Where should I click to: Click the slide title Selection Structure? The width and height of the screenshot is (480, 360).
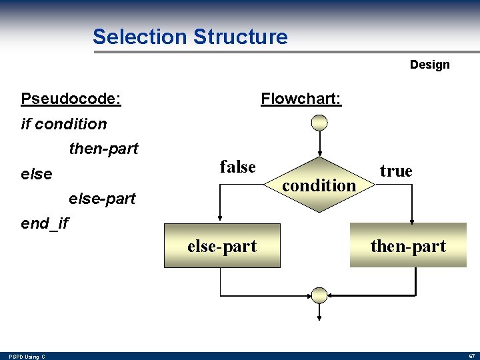click(x=190, y=37)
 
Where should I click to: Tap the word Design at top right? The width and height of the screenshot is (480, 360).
click(x=429, y=65)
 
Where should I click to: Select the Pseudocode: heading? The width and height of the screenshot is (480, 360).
click(x=71, y=99)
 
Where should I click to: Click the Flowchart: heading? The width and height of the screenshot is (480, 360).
click(x=301, y=99)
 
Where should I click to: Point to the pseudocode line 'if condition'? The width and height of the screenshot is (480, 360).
click(x=64, y=124)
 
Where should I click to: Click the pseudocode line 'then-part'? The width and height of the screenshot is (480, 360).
click(x=103, y=149)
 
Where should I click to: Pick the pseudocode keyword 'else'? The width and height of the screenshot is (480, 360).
click(x=37, y=174)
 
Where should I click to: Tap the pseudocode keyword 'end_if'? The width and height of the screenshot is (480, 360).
click(x=45, y=223)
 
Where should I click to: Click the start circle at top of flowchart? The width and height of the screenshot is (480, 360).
click(x=320, y=123)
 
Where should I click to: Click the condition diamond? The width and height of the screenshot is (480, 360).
click(x=320, y=185)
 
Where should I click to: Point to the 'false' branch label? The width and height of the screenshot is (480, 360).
click(x=238, y=167)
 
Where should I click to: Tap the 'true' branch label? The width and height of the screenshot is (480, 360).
click(x=396, y=171)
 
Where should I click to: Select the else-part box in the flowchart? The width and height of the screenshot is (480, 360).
click(x=222, y=246)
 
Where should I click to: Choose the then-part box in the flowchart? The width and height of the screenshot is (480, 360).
click(x=408, y=246)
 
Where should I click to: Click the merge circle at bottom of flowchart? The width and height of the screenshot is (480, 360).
click(x=320, y=295)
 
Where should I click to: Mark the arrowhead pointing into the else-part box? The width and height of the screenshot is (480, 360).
click(x=221, y=218)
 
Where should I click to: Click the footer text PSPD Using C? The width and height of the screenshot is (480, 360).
click(x=27, y=357)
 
